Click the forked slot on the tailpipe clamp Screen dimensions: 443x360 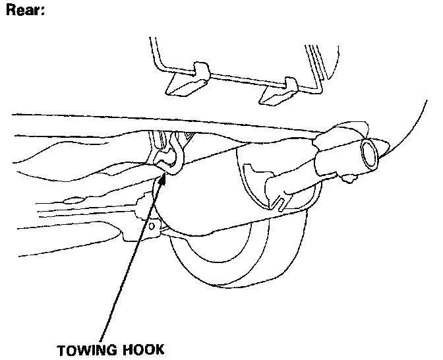[x=280, y=195]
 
